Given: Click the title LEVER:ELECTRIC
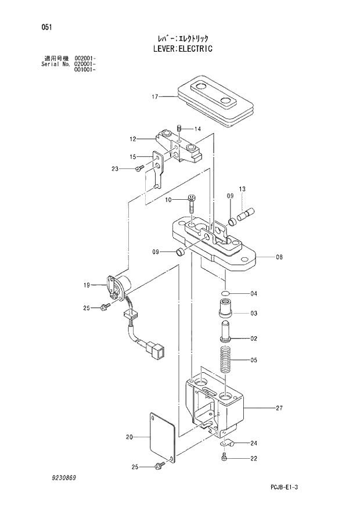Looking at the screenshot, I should pyautogui.click(x=180, y=49).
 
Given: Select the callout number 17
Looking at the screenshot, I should pyautogui.click(x=155, y=97).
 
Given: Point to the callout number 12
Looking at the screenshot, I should pyautogui.click(x=132, y=139).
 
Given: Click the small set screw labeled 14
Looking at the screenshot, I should pyautogui.click(x=181, y=128).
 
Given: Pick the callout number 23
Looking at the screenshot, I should pyautogui.click(x=115, y=169).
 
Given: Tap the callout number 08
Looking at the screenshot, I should pyautogui.click(x=279, y=256).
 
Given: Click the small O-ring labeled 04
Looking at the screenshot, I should pyautogui.click(x=226, y=294).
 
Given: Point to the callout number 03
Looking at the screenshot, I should pyautogui.click(x=254, y=313).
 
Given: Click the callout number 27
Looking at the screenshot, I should pyautogui.click(x=279, y=408).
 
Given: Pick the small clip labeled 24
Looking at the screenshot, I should pyautogui.click(x=227, y=444).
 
